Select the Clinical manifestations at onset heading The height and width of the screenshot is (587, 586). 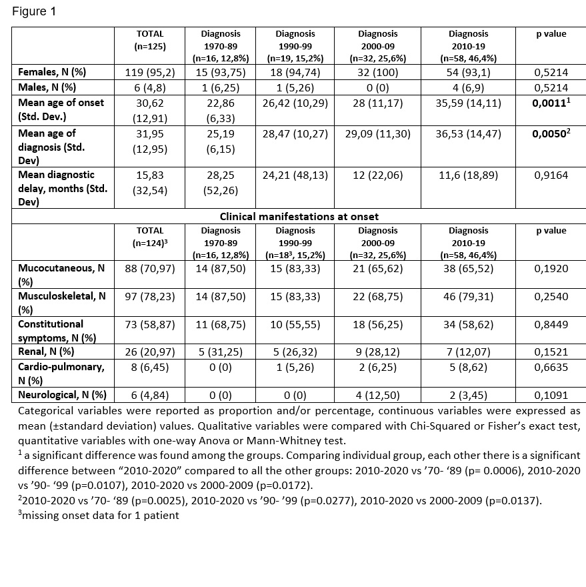[298, 215]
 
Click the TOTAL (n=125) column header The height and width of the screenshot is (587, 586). [149, 39]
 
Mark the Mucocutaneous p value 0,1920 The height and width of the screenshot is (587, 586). [551, 273]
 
